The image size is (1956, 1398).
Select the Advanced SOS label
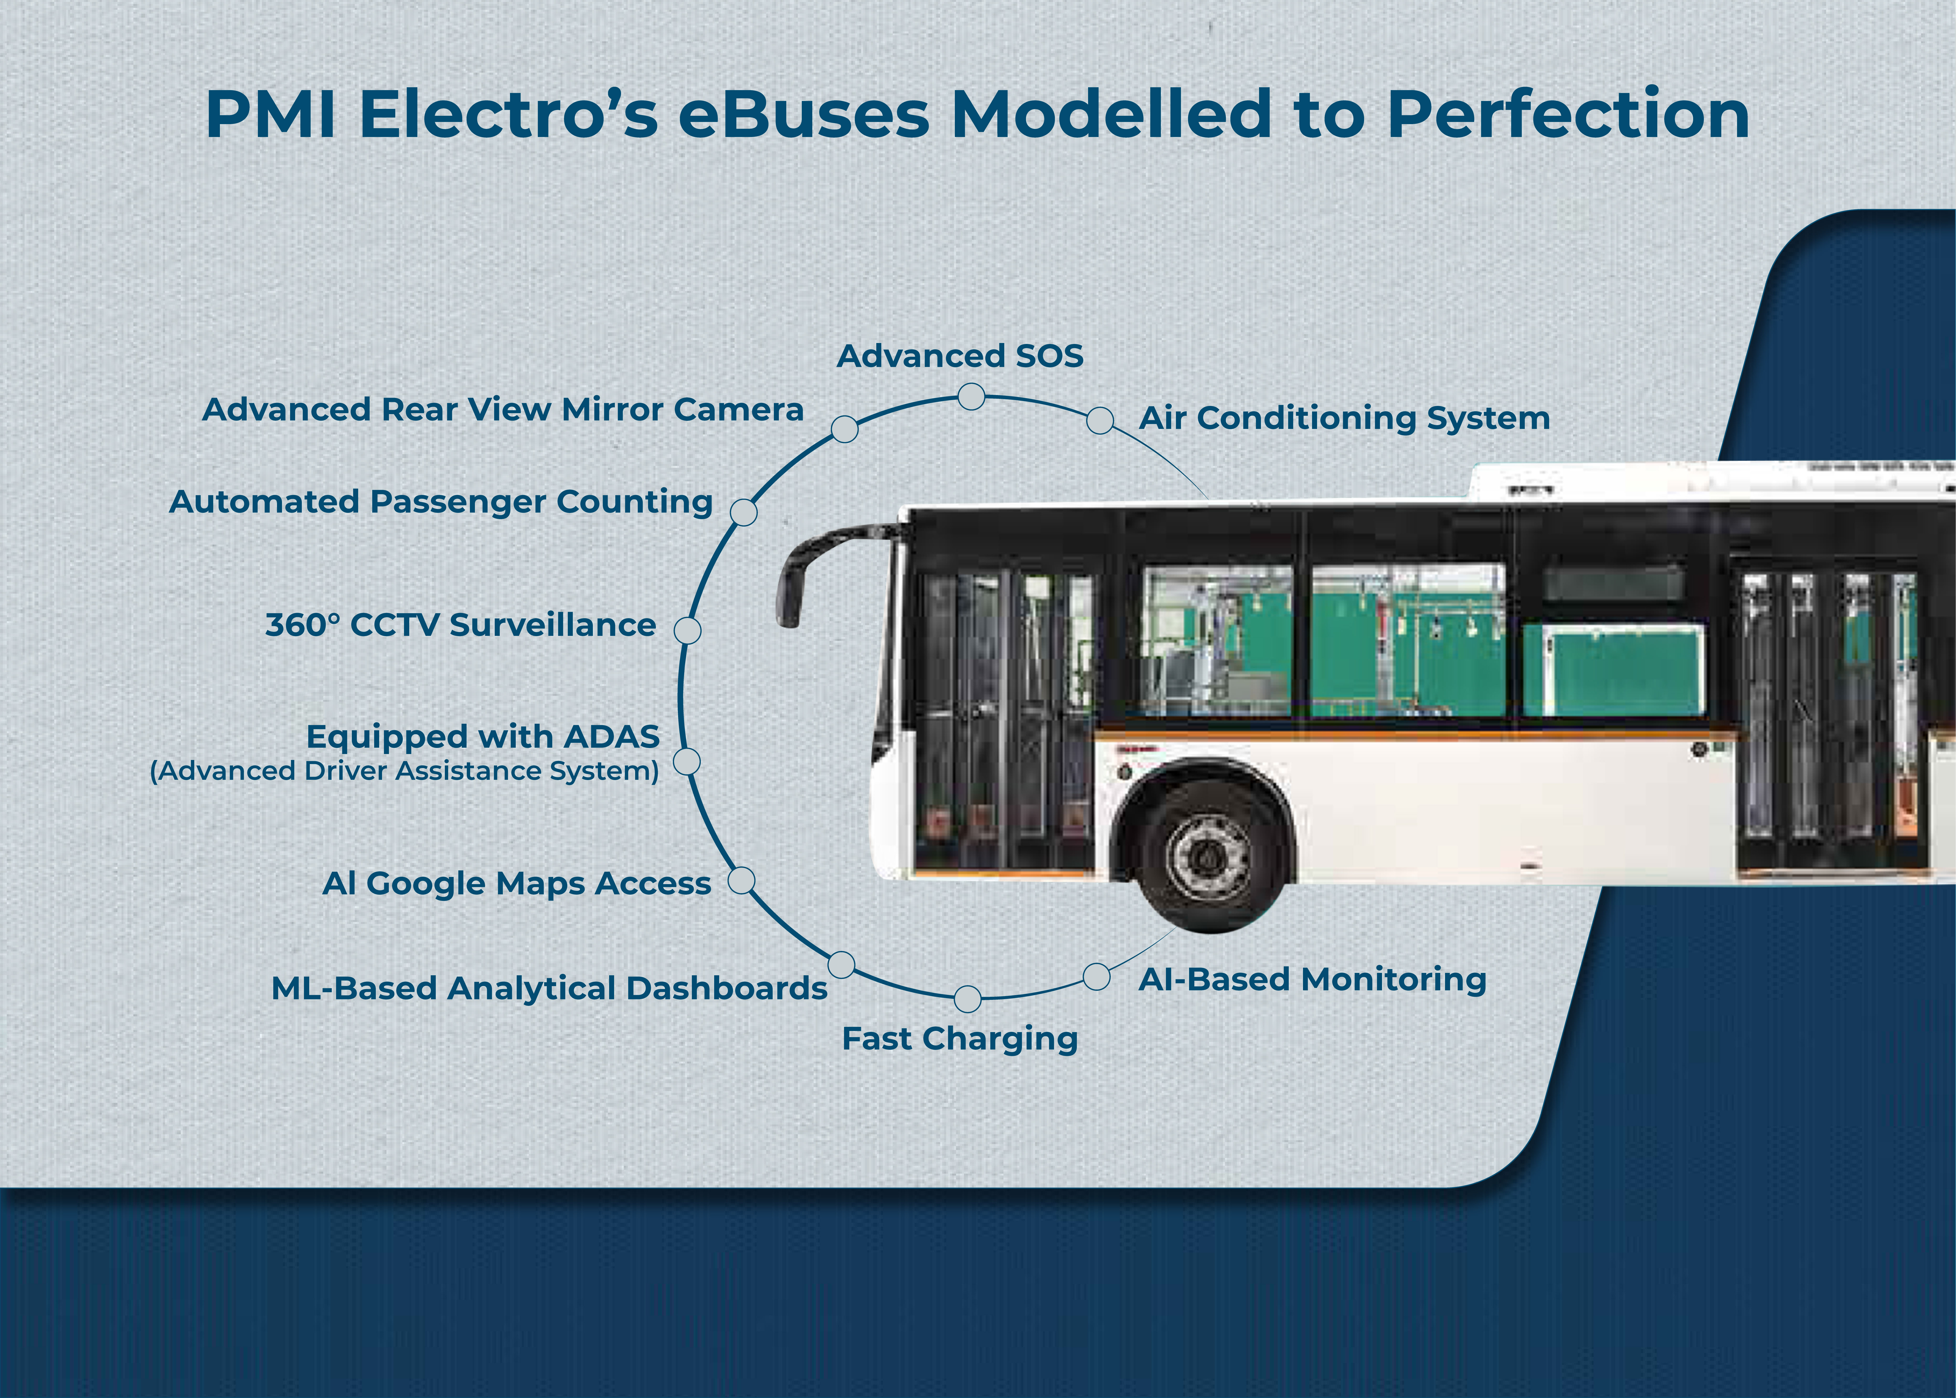click(960, 355)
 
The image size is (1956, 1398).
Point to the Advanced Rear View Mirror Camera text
click(503, 410)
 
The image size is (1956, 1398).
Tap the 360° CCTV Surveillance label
click(461, 625)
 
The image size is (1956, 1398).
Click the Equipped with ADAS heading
click(483, 737)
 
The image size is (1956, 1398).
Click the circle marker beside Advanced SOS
click(971, 397)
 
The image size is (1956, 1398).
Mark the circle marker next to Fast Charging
click(968, 999)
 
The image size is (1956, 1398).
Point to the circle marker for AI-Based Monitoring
click(1096, 977)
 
